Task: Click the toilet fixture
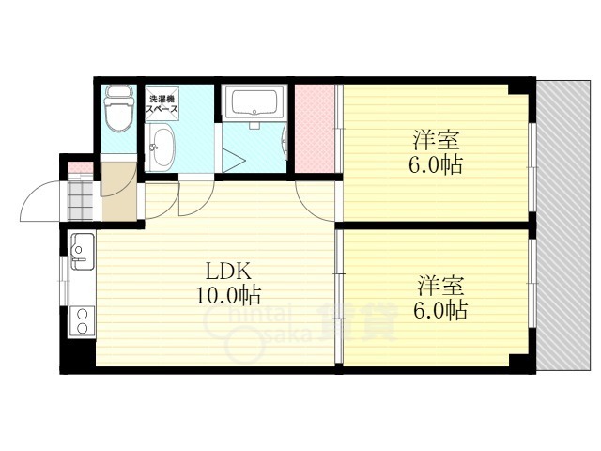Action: [119, 108]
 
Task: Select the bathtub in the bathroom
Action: [254, 101]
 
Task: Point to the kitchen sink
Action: [82, 251]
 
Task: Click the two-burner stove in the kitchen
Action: [82, 321]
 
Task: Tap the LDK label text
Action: [229, 272]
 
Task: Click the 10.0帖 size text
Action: [229, 295]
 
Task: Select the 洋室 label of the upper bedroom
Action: [436, 140]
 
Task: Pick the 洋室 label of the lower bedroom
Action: [440, 286]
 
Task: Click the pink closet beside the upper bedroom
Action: [315, 129]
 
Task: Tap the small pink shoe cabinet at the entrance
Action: [80, 167]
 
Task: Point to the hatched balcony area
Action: [563, 225]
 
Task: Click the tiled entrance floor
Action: [80, 200]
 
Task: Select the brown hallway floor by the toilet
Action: [119, 192]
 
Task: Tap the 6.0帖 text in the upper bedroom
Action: [436, 164]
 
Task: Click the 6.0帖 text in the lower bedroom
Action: [440, 310]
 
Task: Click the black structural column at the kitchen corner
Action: [78, 354]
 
